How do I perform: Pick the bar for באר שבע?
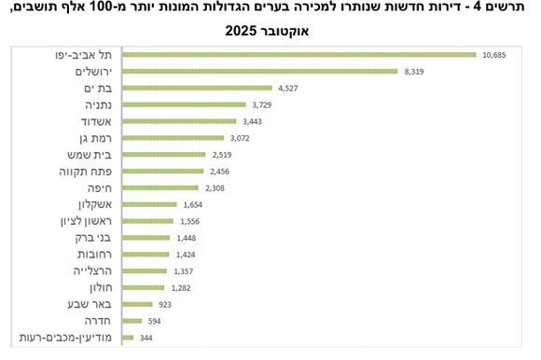137,304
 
